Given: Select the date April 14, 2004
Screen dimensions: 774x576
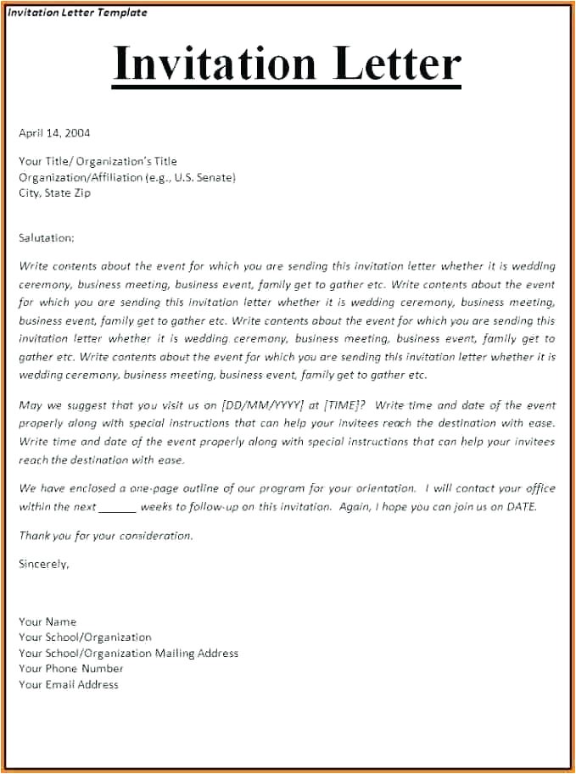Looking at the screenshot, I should (x=54, y=132).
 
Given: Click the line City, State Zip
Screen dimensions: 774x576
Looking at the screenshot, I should (x=54, y=192).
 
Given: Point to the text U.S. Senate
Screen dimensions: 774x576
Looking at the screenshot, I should (x=203, y=177).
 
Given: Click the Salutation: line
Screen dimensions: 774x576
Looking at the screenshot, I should (x=47, y=238).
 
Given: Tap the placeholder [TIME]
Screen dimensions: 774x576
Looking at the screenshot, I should (x=341, y=405).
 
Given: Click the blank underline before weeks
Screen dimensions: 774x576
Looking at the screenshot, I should (x=117, y=507).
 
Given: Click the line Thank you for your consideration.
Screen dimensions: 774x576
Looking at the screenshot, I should (x=106, y=535).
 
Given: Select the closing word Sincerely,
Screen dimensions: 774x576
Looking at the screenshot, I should (x=44, y=563).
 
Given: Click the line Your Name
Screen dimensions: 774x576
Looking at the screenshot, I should (x=48, y=621).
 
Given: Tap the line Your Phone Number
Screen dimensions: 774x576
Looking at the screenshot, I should (x=71, y=668).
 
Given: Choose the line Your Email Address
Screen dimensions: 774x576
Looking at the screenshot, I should (x=69, y=684).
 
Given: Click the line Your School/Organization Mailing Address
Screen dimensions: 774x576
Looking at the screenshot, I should (x=128, y=653).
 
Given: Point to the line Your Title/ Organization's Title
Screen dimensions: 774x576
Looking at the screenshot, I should (x=98, y=161).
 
